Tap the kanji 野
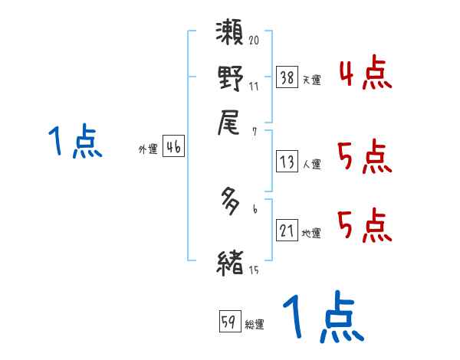click(231, 79)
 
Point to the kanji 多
click(231, 202)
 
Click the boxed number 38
click(287, 77)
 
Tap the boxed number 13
click(287, 162)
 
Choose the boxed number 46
click(173, 148)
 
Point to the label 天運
click(310, 80)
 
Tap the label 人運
click(310, 164)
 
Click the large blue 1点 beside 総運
click(322, 318)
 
